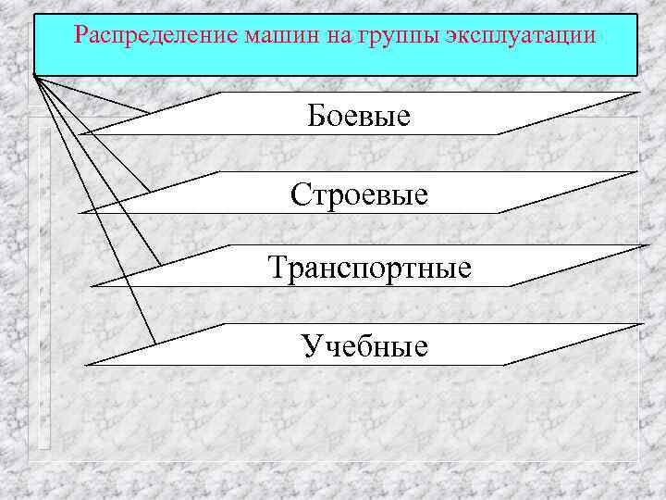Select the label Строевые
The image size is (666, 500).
359,194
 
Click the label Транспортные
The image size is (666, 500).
369,269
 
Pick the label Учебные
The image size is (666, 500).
364,346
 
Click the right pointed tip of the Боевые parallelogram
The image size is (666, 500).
637,93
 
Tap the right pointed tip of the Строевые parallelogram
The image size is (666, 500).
637,171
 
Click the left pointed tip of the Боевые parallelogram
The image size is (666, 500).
80,134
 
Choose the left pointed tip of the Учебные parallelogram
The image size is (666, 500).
85,365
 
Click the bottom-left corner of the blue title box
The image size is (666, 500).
34,75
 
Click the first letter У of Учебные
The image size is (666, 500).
311,347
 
